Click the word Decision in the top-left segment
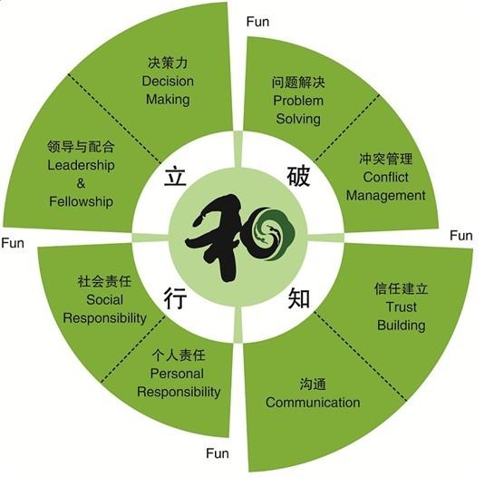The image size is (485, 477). point(168,82)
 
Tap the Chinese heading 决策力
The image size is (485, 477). point(168,63)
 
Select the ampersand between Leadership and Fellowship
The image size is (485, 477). point(81,183)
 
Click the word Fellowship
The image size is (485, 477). point(81,201)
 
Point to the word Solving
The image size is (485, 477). point(298,119)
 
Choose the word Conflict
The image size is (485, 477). point(385,177)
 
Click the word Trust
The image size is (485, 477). point(402,307)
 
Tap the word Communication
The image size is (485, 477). point(313,403)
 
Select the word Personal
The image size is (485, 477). point(177,374)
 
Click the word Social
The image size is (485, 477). point(104,300)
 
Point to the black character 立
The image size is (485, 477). point(175,176)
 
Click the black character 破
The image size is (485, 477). point(298,176)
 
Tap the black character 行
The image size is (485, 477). point(175,297)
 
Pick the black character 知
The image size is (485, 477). point(299,297)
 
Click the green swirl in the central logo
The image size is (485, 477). point(273,234)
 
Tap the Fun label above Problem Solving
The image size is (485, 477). point(257,22)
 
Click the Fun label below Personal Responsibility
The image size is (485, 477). point(218,453)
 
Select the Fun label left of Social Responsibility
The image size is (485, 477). point(13,243)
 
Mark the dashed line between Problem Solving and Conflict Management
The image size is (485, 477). point(347,128)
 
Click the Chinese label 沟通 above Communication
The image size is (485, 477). point(313,385)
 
